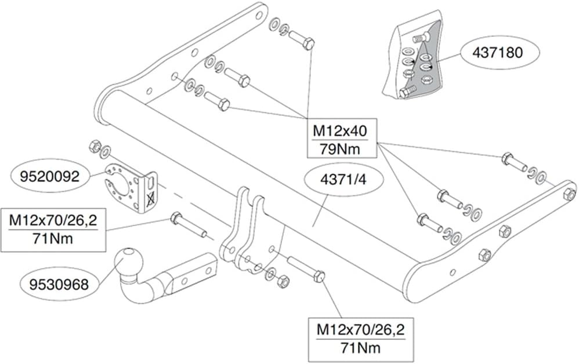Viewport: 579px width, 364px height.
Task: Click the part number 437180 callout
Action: click(500, 53)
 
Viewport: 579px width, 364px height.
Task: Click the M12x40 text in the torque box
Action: click(341, 132)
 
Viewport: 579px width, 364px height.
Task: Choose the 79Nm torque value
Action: click(341, 149)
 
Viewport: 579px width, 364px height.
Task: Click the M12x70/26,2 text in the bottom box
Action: click(360, 331)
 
